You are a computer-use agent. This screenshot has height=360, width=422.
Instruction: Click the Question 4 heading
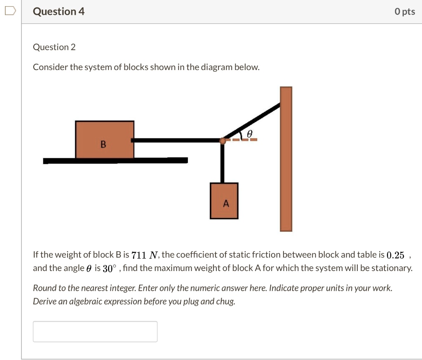point(59,12)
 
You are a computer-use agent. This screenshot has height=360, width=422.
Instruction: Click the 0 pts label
point(404,12)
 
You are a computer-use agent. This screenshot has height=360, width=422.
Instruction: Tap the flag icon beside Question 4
point(10,11)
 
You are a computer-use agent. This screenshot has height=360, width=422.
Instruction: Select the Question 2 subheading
point(54,47)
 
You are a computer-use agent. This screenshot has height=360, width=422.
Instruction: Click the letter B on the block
point(103,144)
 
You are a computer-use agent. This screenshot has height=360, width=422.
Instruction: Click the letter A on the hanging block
point(225,203)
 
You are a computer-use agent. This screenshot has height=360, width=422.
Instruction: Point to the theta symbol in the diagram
point(249,134)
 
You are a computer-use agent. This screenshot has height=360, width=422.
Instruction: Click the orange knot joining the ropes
point(223,141)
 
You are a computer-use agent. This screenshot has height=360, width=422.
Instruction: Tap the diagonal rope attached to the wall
point(253,121)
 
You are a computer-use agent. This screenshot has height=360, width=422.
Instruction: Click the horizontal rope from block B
point(177,140)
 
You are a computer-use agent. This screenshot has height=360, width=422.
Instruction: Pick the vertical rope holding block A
point(223,163)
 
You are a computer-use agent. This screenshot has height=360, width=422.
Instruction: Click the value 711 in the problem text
point(138,255)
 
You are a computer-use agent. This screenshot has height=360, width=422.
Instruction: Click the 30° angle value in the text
point(108,269)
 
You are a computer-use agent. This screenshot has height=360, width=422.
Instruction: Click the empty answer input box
point(95,332)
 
